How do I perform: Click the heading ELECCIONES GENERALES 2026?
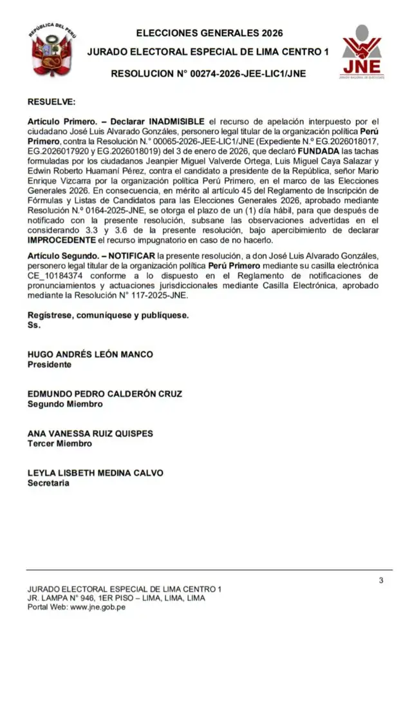tap(209, 33)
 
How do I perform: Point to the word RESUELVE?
tap(51, 102)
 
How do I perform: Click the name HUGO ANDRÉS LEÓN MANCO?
tap(90, 354)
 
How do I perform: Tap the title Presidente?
tap(49, 365)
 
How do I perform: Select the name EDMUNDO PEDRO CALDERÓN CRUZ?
tap(104, 394)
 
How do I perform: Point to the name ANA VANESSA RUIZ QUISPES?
tap(90, 434)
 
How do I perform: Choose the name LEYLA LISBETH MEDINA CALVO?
tap(95, 473)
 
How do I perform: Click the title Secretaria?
tap(48, 483)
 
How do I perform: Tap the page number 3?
tap(381, 581)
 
